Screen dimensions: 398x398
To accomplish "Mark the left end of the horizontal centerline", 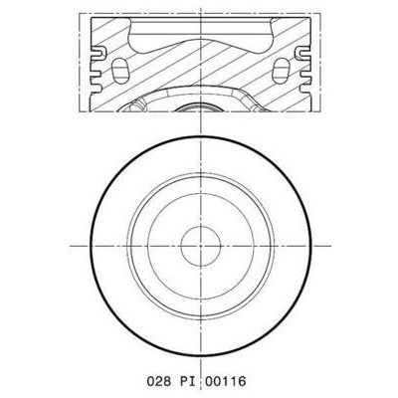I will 71,244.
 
